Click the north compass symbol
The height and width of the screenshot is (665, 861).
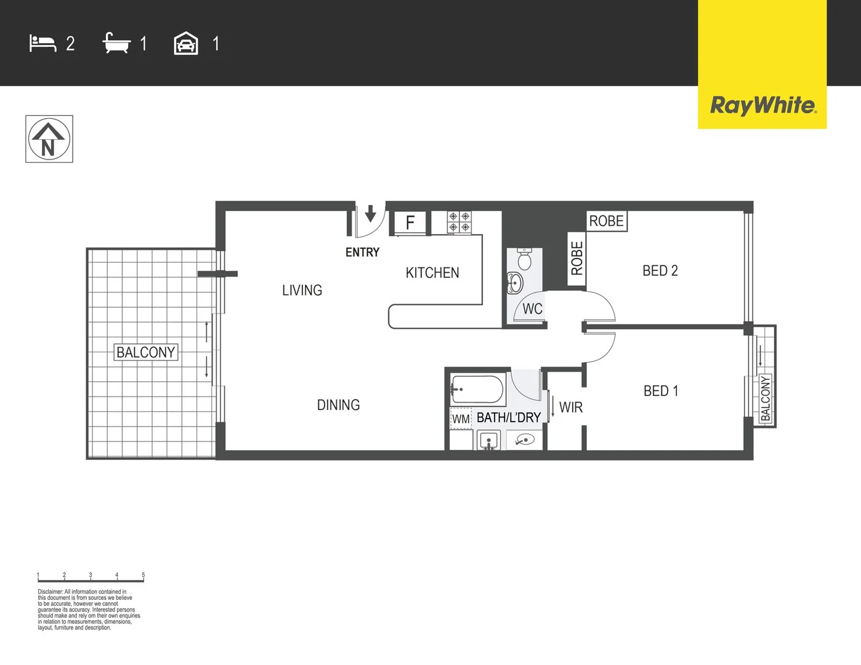pyautogui.click(x=49, y=139)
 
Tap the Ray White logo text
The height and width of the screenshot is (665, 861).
pyautogui.click(x=763, y=106)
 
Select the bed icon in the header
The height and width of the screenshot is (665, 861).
pyautogui.click(x=42, y=43)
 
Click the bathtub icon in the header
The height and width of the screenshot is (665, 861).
pyautogui.click(x=116, y=42)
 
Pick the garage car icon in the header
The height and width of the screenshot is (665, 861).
pyautogui.click(x=186, y=43)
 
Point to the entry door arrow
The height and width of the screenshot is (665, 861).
pyautogui.click(x=371, y=214)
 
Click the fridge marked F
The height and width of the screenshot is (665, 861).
pyautogui.click(x=410, y=223)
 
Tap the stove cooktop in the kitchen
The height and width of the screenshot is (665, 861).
pyautogui.click(x=459, y=222)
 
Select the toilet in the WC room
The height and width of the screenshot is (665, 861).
pyautogui.click(x=524, y=259)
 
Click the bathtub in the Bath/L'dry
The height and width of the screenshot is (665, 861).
pyautogui.click(x=478, y=390)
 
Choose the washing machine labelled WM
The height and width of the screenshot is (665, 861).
pyautogui.click(x=461, y=419)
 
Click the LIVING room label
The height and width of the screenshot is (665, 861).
pyautogui.click(x=302, y=290)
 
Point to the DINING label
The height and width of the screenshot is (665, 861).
pyautogui.click(x=338, y=405)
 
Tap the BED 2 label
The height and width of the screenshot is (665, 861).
pyautogui.click(x=660, y=271)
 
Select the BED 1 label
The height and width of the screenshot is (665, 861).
pyautogui.click(x=661, y=391)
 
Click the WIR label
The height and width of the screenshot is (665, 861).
pyautogui.click(x=571, y=407)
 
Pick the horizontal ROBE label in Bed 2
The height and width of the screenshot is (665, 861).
pyautogui.click(x=606, y=221)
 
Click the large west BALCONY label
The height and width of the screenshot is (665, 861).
pyautogui.click(x=146, y=352)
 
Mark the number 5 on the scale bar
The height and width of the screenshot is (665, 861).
pyautogui.click(x=143, y=574)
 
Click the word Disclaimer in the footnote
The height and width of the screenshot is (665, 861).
pyautogui.click(x=51, y=592)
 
